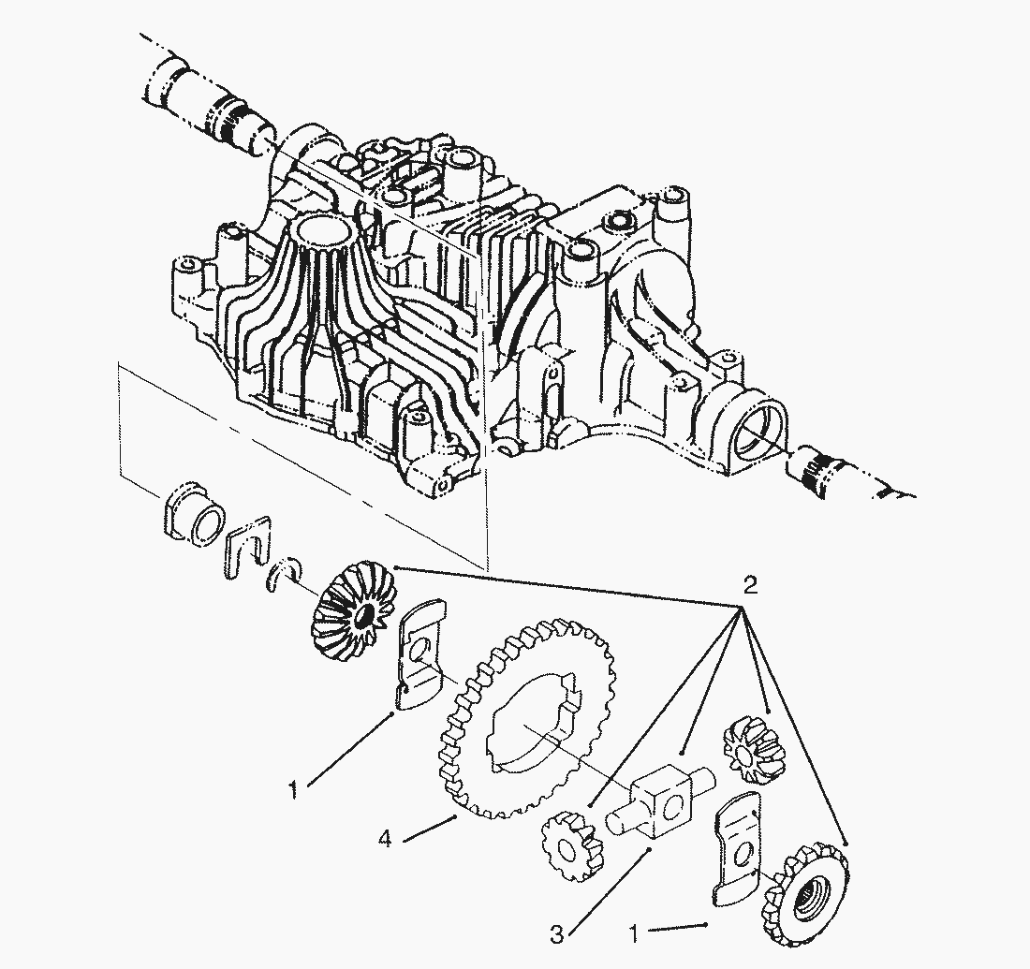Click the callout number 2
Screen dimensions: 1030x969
point(749,585)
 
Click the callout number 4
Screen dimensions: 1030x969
point(385,839)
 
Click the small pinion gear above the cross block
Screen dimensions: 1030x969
point(754,749)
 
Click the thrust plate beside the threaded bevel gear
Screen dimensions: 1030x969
point(737,853)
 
